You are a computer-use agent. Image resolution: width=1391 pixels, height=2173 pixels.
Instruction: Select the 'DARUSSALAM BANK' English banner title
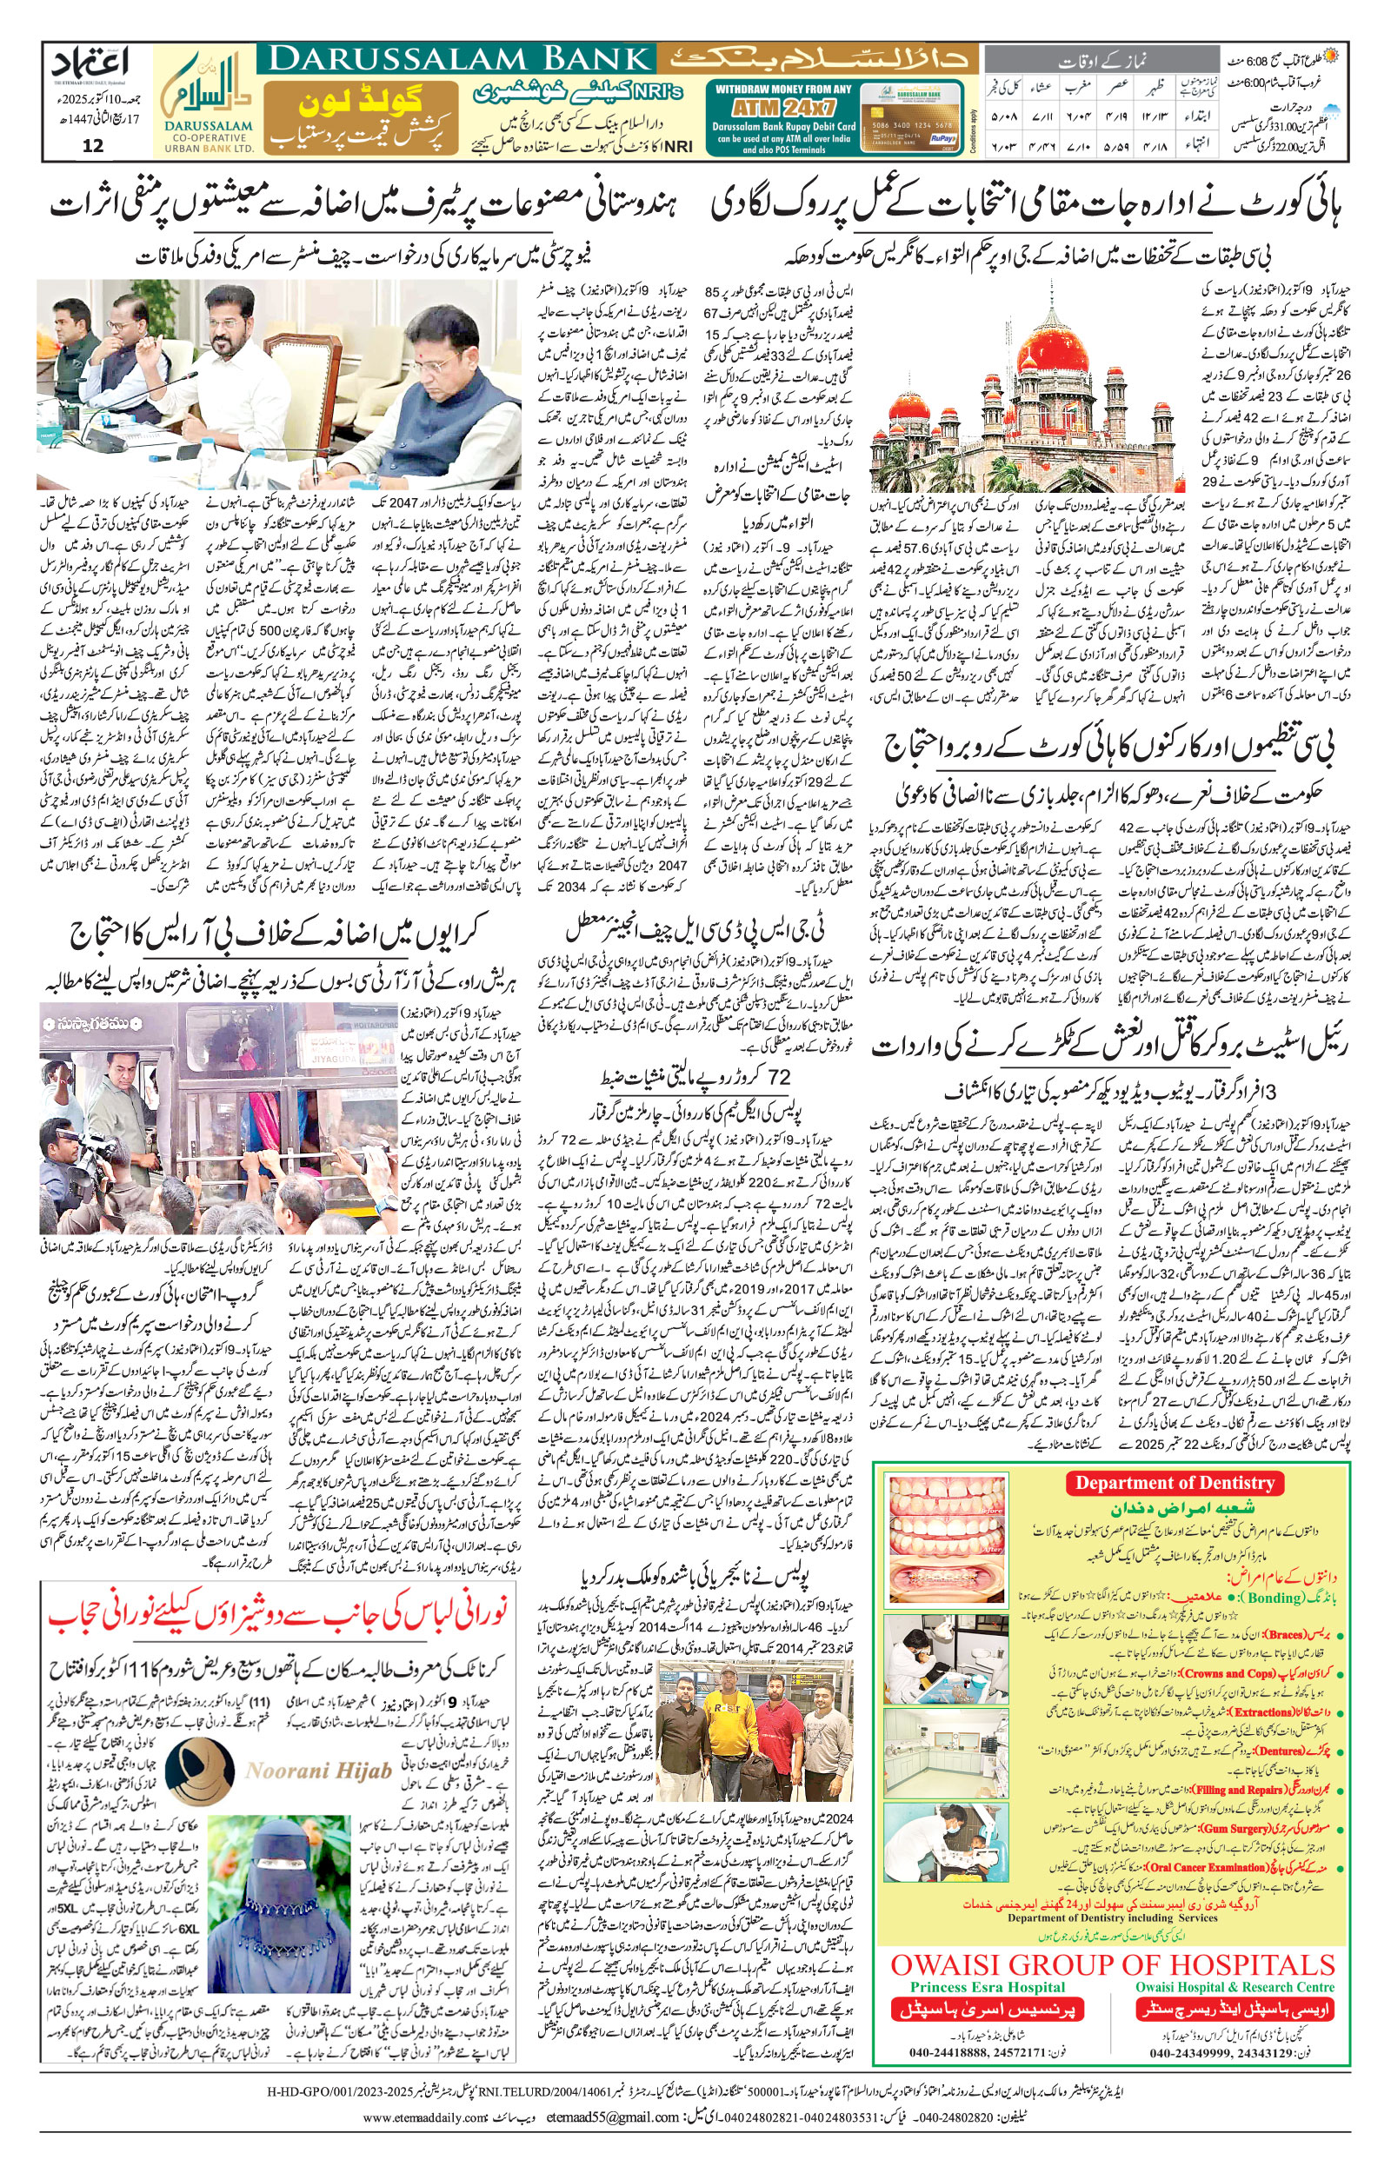click(459, 60)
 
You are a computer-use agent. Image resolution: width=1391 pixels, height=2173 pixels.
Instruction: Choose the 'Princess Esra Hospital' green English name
click(988, 1962)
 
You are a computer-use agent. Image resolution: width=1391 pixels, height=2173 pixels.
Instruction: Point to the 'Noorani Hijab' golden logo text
click(318, 1771)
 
